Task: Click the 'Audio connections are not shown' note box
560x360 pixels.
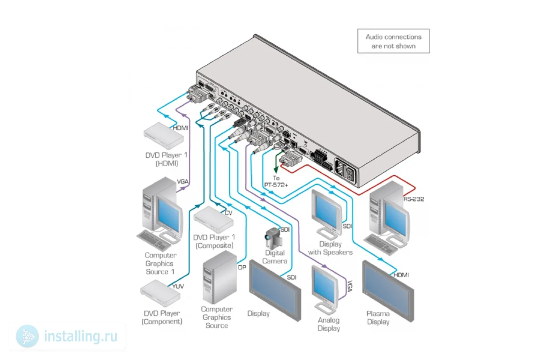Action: point(393,41)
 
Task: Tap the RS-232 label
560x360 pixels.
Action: point(414,199)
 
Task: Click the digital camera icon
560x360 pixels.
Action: point(274,238)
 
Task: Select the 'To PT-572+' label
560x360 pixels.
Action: point(276,182)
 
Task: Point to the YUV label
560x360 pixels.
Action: point(178,286)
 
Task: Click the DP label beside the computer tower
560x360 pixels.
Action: point(242,267)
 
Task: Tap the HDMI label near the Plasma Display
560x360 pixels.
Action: point(401,275)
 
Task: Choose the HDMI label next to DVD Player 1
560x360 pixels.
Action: point(180,128)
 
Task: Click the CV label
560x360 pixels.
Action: point(228,213)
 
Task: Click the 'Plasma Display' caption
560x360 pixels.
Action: point(378,318)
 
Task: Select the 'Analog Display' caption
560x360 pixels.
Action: point(329,324)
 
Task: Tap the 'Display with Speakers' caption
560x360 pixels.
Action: point(330,248)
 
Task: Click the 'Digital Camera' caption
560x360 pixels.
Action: point(275,257)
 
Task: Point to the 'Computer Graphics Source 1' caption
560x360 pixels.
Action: point(160,263)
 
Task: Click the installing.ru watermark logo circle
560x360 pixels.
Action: point(27,336)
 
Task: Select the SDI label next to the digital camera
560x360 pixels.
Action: point(285,229)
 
